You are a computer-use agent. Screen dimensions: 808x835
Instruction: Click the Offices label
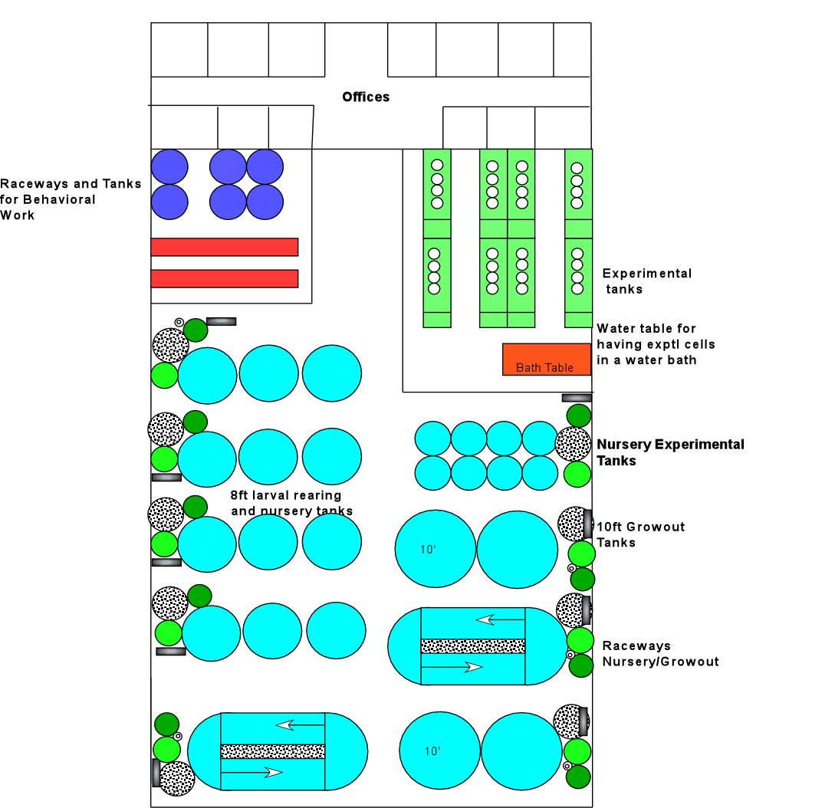[366, 97]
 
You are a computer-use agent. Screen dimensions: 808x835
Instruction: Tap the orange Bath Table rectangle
[547, 359]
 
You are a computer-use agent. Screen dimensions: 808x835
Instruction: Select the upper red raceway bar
[224, 247]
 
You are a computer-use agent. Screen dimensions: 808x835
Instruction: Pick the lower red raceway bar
[224, 278]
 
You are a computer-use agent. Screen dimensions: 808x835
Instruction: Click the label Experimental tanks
[646, 281]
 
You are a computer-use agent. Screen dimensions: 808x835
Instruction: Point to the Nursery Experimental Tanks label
[670, 452]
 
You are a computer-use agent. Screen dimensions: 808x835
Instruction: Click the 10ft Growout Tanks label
[640, 534]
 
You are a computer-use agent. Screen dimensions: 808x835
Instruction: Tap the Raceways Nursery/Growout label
[660, 654]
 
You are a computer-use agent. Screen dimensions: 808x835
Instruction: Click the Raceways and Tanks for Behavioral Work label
[71, 199]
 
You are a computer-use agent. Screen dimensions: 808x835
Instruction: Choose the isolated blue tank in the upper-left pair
[169, 166]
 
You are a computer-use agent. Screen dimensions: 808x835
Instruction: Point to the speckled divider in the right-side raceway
[473, 646]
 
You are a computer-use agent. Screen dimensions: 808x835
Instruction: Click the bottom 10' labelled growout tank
[439, 751]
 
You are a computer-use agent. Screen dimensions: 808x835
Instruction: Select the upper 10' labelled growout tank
[435, 549]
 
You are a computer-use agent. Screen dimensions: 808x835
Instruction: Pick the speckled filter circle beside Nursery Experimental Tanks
[573, 444]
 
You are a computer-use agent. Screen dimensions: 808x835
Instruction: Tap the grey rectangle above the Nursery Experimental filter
[577, 398]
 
